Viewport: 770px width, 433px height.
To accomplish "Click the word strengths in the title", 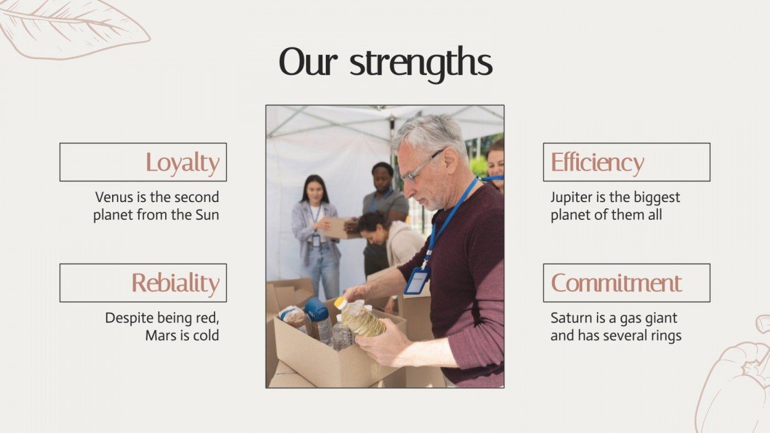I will (x=421, y=63).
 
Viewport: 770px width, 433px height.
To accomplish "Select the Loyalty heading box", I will (x=143, y=162).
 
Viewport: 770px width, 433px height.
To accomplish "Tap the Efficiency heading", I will (x=626, y=162).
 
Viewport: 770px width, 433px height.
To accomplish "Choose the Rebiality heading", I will (x=143, y=282).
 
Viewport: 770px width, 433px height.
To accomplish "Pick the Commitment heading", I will (x=626, y=282).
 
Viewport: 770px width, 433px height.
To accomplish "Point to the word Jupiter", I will (x=573, y=197).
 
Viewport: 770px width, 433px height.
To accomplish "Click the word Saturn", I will (x=571, y=318).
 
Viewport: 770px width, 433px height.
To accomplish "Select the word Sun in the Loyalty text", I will (x=206, y=214).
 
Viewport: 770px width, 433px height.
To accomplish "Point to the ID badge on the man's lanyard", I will (x=417, y=280).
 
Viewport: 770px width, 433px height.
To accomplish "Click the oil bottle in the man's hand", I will (x=362, y=320).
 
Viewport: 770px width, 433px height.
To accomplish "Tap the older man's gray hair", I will (x=430, y=131).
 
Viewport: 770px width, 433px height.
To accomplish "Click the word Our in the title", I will (x=309, y=63).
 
